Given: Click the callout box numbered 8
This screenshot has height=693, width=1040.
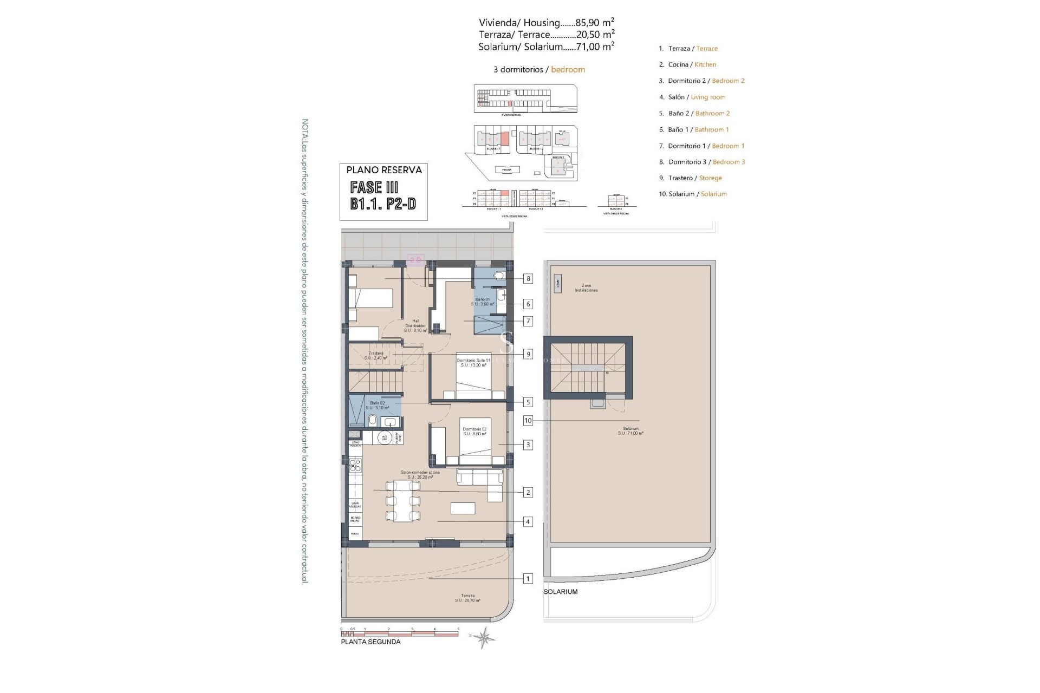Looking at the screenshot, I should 528,279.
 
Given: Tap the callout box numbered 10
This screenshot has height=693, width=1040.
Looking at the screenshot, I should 528,421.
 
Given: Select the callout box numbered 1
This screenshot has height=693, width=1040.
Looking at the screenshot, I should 528,579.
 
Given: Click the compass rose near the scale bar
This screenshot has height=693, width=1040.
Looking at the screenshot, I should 483,637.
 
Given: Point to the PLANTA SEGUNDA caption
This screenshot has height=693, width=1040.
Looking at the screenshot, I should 370,642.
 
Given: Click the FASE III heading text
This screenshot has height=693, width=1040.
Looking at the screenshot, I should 374,187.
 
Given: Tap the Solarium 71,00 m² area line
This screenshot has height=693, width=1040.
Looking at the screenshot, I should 546,47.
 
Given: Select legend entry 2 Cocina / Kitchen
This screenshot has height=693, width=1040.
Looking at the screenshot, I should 687,64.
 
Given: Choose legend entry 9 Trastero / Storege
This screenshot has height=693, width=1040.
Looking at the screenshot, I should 690,178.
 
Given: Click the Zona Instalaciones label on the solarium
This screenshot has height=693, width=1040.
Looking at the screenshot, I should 586,288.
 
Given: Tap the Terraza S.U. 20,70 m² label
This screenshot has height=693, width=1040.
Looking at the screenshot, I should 467,598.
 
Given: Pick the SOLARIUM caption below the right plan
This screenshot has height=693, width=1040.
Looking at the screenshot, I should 561,592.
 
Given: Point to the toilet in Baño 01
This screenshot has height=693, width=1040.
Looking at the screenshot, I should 498,276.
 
